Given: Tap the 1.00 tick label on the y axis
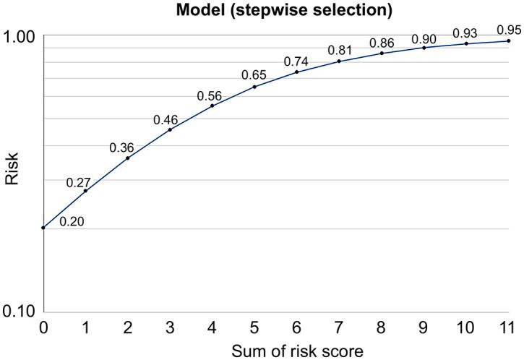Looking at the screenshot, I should coord(19,35).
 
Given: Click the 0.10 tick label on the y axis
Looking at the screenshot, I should coord(19,312).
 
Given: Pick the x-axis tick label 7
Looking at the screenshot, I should coord(339,327).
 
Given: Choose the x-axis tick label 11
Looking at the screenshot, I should coord(508,327).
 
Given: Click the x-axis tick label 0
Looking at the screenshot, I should coord(43,327).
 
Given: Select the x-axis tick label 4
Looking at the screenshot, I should coord(212,327).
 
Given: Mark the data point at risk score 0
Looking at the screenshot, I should coord(43,228).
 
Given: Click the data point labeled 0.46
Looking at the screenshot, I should coord(170,129).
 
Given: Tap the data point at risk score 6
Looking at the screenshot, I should coord(297,72).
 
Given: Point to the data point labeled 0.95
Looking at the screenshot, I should coord(508,40).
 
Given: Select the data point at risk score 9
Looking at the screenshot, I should coord(424,48).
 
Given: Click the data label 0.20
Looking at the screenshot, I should coord(72,222).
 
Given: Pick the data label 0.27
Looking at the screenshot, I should coord(77,183).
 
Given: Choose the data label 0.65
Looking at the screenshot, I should coord(253,75).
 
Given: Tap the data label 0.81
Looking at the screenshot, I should coord(338,51).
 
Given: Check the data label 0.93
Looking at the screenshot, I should coord(465,33).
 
